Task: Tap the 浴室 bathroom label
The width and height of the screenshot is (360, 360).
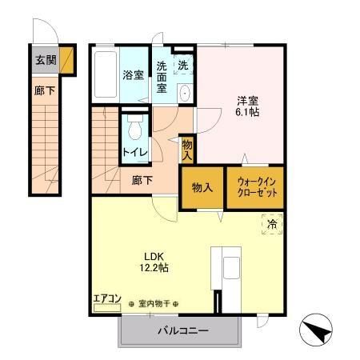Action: pyautogui.click(x=133, y=75)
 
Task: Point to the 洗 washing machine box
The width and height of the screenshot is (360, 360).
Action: pyautogui.click(x=184, y=64)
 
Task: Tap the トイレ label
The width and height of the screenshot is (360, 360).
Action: pyautogui.click(x=134, y=151)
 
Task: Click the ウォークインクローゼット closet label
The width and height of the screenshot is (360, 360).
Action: pyautogui.click(x=256, y=190)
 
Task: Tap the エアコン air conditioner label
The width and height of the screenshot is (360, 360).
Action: pyautogui.click(x=106, y=299)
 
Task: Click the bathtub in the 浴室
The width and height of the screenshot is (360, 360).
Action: pyautogui.click(x=105, y=76)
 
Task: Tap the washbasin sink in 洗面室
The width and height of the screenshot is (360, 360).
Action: pyautogui.click(x=185, y=92)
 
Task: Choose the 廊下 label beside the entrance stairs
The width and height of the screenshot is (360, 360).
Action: pyautogui.click(x=45, y=91)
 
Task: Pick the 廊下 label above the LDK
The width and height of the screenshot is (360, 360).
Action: pyautogui.click(x=142, y=181)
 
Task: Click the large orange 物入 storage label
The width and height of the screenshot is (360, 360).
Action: pyautogui.click(x=202, y=188)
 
